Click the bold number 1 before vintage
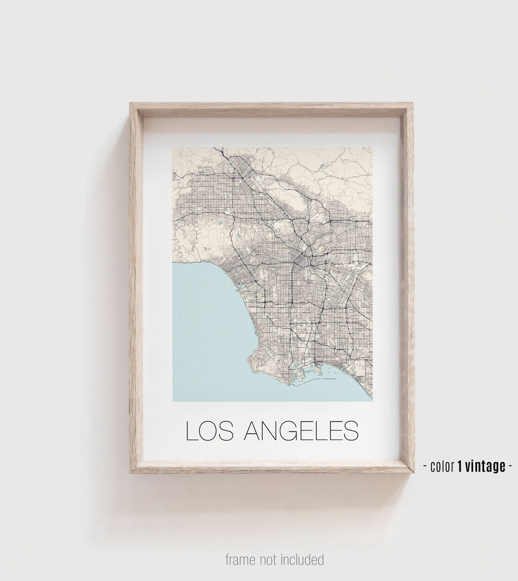pyautogui.click(x=460, y=466)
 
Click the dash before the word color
pyautogui.click(x=425, y=466)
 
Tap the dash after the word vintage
pyautogui.click(x=510, y=466)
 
